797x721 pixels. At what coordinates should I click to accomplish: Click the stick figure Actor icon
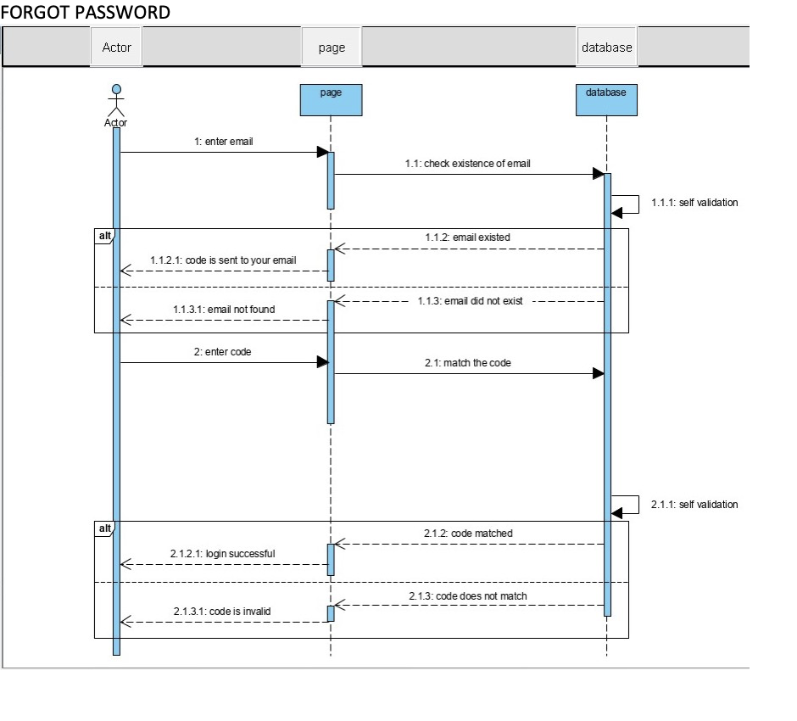coord(116,100)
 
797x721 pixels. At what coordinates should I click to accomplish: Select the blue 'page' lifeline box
coord(331,99)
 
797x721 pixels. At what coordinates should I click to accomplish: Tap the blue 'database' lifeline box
coord(606,99)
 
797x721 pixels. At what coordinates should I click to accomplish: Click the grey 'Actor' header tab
coord(116,48)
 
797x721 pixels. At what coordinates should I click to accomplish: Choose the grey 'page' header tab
coord(332,48)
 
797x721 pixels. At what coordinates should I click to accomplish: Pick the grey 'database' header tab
coord(606,48)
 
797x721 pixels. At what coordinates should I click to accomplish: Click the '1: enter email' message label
coord(224,142)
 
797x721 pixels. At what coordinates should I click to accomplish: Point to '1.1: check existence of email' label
coord(467,164)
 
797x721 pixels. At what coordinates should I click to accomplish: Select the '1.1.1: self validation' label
coord(694,203)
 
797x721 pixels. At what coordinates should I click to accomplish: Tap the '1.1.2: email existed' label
coord(468,238)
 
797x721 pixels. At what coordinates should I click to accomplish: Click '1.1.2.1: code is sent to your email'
coord(223,260)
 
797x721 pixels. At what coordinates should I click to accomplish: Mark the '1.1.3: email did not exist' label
coord(471,302)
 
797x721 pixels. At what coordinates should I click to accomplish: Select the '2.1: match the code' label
coord(468,362)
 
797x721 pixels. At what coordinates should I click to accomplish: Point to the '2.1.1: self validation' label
coord(694,505)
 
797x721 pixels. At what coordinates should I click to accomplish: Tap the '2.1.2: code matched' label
coord(468,534)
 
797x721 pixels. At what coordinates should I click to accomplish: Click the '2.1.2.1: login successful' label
coord(223,554)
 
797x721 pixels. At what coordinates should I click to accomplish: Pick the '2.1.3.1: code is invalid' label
coord(223,611)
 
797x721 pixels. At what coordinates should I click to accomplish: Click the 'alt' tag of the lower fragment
coord(104,528)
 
